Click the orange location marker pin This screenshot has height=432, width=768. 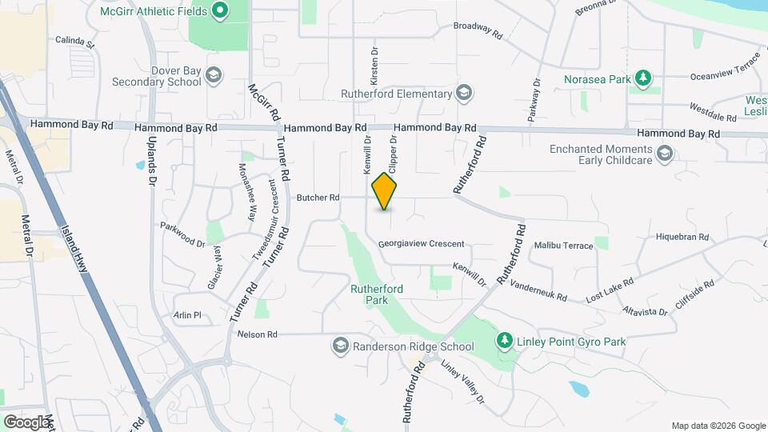coord(385,191)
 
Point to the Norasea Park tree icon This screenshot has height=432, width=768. coord(642,78)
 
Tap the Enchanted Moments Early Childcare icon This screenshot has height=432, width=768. coord(664,154)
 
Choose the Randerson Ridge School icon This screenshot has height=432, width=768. coord(340,346)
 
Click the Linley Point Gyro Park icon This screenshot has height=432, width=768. coord(504,342)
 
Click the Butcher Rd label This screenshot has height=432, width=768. coord(318,198)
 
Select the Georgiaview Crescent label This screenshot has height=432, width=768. coord(422,244)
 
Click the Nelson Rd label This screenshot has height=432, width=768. coord(257,334)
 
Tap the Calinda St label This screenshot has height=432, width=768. coord(74,39)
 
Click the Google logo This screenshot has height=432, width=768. coord(26,422)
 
